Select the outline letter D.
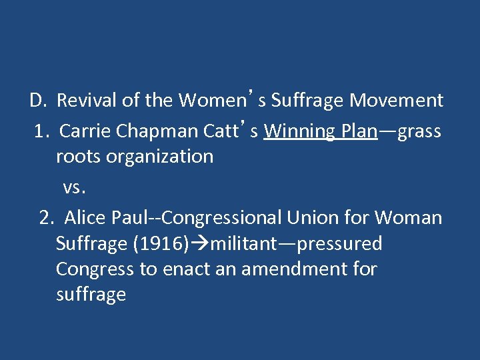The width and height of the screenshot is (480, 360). tap(36, 101)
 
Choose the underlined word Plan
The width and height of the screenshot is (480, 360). tap(359, 132)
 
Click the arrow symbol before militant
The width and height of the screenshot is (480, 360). tap(200, 244)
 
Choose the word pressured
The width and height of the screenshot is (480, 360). tap(339, 244)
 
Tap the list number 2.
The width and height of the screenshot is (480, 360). tap(45, 218)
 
